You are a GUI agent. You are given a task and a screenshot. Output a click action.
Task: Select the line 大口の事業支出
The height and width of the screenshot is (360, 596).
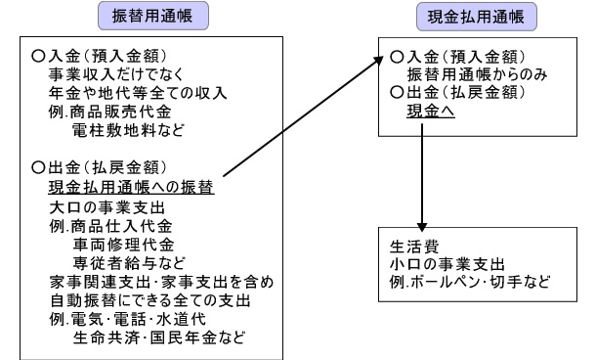point(102,208)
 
